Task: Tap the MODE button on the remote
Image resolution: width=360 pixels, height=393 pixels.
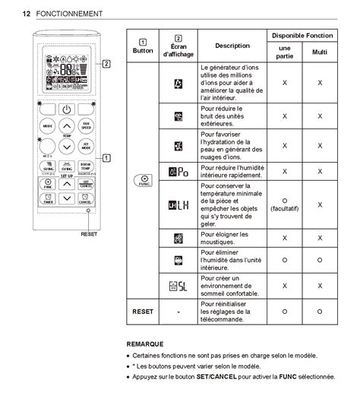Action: [48, 126]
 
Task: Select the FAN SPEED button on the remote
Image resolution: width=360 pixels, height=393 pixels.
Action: [87, 126]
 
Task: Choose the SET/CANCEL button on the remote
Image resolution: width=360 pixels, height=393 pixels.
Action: [87, 183]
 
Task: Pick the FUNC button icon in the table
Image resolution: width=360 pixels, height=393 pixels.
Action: [142, 180]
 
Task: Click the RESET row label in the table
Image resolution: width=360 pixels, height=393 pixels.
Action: [142, 311]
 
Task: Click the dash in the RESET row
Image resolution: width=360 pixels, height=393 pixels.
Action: [178, 311]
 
